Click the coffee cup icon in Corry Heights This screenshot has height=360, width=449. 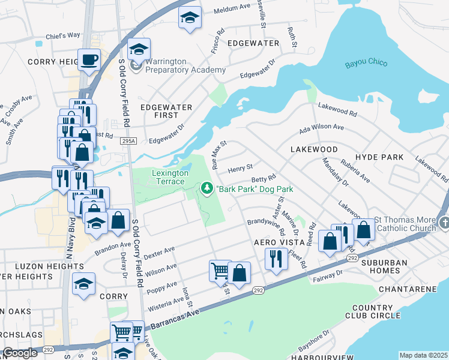[x=89, y=60]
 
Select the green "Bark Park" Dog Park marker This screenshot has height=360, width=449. [x=207, y=189]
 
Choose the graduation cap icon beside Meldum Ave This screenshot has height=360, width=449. [x=189, y=18]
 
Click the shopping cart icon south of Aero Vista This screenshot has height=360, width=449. [x=220, y=271]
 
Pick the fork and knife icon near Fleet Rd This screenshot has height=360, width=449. [x=276, y=259]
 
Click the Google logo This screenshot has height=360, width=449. [x=20, y=353]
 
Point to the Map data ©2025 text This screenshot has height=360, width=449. [x=423, y=355]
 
